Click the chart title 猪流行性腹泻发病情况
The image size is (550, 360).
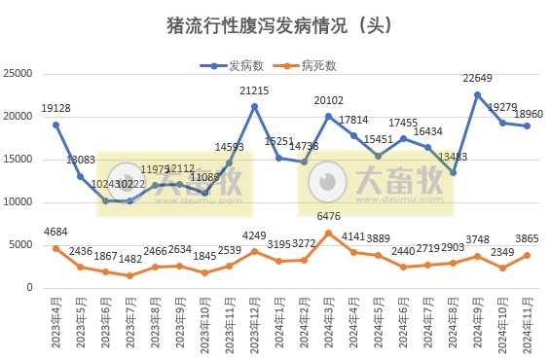click(275, 26)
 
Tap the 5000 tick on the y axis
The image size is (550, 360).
click(23, 245)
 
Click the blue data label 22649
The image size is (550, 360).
click(477, 79)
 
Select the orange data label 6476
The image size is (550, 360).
click(329, 216)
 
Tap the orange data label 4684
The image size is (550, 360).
click(56, 232)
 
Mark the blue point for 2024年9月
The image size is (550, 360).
click(477, 94)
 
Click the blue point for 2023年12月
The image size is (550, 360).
click(254, 106)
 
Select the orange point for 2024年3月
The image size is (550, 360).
click(329, 233)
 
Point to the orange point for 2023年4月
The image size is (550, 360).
click(56, 248)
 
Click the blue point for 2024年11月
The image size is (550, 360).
click(527, 126)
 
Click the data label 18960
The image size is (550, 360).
click(529, 113)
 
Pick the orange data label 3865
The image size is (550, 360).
click(527, 239)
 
